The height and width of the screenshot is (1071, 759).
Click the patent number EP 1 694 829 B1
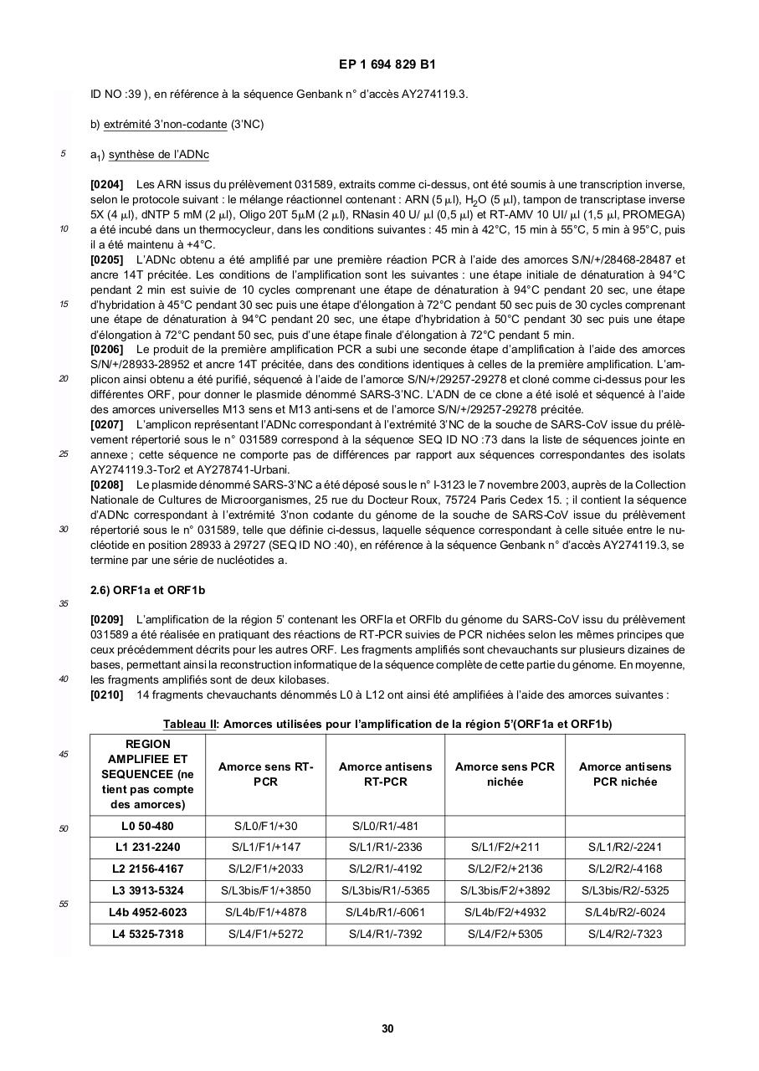tap(387, 64)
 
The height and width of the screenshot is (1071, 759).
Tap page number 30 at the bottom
tap(387, 1028)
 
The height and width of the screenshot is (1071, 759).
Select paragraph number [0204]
tap(107, 184)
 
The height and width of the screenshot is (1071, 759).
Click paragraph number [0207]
tap(107, 424)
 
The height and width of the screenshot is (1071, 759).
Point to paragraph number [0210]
tap(107, 694)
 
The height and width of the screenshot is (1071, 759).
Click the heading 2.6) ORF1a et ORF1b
tap(147, 590)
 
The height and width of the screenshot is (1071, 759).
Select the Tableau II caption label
tap(190, 724)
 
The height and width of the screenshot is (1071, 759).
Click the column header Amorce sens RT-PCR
tap(265, 774)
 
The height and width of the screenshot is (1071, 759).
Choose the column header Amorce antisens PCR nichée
tap(624, 774)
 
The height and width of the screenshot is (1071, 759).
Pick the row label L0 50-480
tap(147, 826)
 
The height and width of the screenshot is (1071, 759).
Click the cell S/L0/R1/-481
tap(385, 826)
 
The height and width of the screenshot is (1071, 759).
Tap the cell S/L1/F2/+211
tap(505, 847)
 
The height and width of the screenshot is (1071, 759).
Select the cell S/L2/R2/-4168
tap(624, 869)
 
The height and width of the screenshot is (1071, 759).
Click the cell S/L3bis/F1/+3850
tap(265, 890)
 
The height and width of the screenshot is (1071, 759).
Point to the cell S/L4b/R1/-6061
tap(385, 912)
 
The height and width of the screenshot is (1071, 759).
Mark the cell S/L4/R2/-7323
tap(624, 934)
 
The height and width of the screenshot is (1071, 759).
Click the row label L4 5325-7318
tap(147, 934)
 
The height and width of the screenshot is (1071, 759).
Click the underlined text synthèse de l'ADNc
tap(159, 155)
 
